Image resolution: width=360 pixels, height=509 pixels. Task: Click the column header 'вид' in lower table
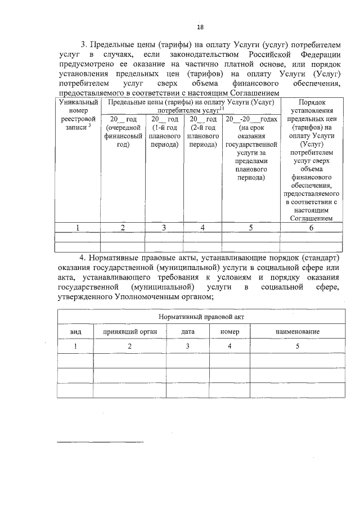click(x=75, y=332)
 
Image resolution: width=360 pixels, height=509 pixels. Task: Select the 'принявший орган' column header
click(x=129, y=332)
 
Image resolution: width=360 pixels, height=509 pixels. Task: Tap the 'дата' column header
click(x=188, y=332)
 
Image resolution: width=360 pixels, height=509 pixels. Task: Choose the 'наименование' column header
click(x=297, y=332)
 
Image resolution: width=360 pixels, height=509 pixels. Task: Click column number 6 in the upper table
click(x=310, y=228)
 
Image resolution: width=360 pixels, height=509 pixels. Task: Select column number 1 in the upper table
click(x=78, y=228)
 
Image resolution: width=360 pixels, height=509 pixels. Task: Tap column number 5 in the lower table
click(x=297, y=346)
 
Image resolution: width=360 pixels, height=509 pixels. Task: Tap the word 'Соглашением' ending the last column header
click(x=310, y=218)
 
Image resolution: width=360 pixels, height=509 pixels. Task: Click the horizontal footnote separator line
click(x=100, y=442)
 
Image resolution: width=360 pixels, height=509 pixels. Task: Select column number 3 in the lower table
click(x=188, y=346)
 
